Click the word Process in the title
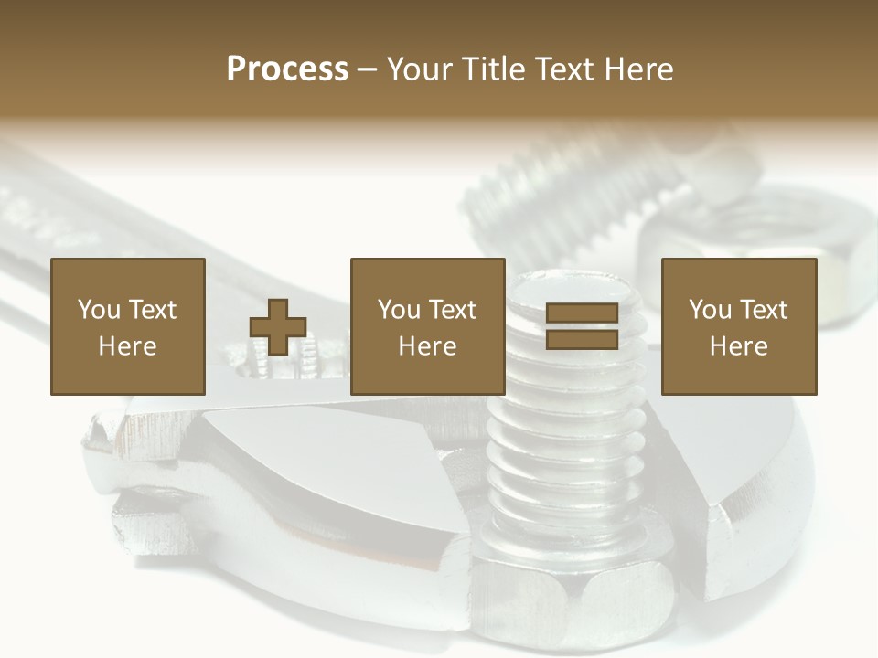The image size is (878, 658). point(287,69)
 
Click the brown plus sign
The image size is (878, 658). point(278,327)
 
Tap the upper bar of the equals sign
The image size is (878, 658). point(582,313)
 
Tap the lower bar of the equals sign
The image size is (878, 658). point(582,339)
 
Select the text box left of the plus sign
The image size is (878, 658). point(127,326)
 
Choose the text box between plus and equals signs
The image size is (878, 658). point(428,326)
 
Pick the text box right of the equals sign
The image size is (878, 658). point(739,326)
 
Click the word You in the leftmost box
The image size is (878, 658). point(99,310)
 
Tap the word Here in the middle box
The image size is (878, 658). point(428,345)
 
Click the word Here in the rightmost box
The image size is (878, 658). point(739,345)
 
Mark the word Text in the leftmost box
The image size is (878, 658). point(152,310)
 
